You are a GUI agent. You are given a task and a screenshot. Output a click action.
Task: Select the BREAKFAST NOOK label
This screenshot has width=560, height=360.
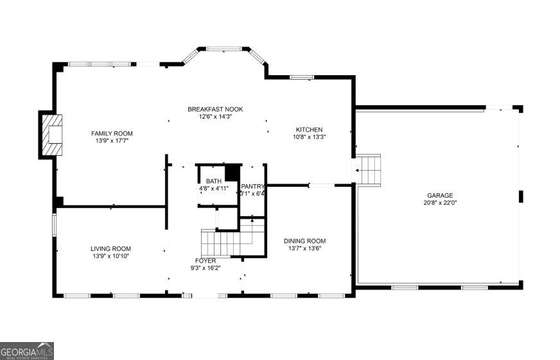pyautogui.click(x=215, y=109)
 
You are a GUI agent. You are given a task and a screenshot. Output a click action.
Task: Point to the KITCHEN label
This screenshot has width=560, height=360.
pyautogui.click(x=309, y=130)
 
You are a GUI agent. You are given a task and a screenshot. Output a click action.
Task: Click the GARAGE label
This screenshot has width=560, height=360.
pyautogui.click(x=440, y=195)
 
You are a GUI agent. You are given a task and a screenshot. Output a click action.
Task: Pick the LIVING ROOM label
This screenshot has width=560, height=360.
pyautogui.click(x=110, y=248)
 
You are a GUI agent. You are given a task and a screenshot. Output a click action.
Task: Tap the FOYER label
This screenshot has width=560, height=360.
pyautogui.click(x=206, y=261)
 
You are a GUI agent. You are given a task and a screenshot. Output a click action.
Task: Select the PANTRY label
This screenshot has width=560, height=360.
pyautogui.click(x=252, y=187)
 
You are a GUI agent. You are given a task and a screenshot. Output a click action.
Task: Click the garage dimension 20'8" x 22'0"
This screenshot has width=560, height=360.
pyautogui.click(x=440, y=203)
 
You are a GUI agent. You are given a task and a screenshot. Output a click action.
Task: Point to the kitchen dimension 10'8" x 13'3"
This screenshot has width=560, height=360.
pyautogui.click(x=309, y=137)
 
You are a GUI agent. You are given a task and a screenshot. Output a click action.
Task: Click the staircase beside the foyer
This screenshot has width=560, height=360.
pyautogui.click(x=222, y=242)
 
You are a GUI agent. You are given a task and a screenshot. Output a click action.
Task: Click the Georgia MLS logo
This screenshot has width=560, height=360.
pyautogui.click(x=27, y=351)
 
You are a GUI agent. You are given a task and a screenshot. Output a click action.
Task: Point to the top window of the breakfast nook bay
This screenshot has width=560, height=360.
pyautogui.click(x=224, y=47)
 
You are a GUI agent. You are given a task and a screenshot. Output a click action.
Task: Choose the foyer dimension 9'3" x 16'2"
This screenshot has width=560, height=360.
pyautogui.click(x=206, y=268)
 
